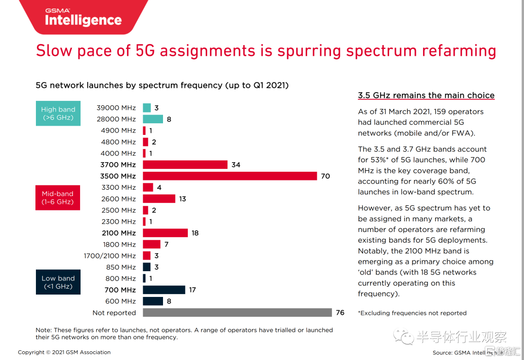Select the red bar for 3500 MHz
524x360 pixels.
(229, 176)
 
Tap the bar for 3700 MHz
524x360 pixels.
(185, 165)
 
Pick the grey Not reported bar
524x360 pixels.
(237, 313)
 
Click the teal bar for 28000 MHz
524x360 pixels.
(153, 119)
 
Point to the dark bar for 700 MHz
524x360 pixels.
(164, 290)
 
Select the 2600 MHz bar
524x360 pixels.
(159, 199)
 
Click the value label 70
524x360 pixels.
(325, 176)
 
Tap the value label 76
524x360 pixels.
(340, 313)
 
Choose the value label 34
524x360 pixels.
(236, 165)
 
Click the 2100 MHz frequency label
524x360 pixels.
(119, 233)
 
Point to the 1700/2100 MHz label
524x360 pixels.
(110, 256)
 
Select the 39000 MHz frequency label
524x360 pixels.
(116, 108)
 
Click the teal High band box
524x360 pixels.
(58, 114)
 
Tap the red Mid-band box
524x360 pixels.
(58, 197)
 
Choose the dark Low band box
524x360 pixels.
(58, 282)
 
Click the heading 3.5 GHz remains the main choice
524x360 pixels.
(426, 96)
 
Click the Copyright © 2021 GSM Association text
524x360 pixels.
(64, 352)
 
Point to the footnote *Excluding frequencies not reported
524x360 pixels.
(412, 313)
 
